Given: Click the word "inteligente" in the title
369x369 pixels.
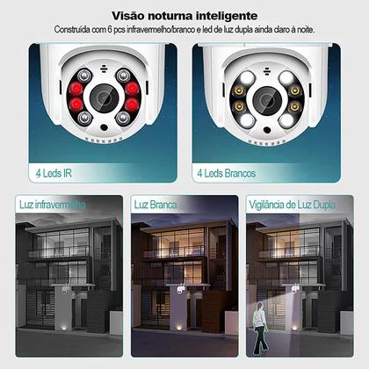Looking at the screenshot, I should (x=225, y=15).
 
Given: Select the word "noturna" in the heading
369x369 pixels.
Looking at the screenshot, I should (x=171, y=15).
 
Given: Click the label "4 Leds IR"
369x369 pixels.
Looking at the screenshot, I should (x=54, y=173).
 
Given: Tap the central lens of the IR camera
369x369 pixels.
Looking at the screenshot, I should (x=104, y=97).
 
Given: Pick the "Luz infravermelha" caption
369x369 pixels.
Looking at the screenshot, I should (x=52, y=205).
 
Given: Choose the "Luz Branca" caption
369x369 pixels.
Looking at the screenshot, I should (x=156, y=205).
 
